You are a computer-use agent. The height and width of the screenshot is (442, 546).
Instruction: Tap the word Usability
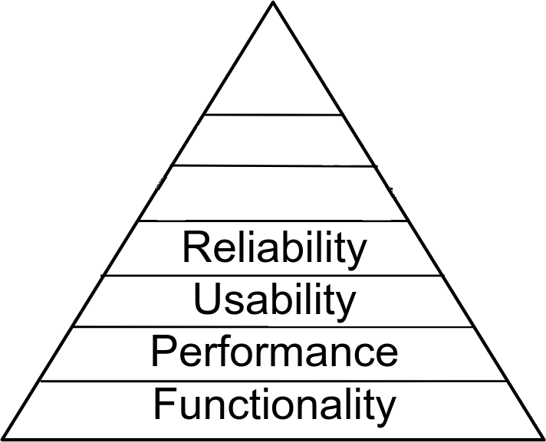274,300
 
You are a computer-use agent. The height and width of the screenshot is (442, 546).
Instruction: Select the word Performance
274,352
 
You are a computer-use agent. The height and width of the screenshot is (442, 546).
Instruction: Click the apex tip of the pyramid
274,3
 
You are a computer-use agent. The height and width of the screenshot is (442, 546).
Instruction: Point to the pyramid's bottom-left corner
3,438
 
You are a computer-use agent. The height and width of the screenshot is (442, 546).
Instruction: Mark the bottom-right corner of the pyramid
542,438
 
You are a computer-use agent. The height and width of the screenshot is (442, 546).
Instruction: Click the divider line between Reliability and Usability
274,275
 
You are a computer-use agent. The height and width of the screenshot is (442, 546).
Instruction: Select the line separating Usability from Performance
274,326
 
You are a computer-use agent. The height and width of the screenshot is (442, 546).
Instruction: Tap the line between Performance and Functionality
274,380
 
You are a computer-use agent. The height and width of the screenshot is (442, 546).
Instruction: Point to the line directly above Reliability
274,221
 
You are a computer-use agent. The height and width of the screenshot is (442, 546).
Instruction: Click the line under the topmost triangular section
274,116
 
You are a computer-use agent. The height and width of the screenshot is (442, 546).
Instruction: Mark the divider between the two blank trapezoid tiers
274,165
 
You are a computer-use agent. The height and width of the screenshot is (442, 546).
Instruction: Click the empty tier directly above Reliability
274,193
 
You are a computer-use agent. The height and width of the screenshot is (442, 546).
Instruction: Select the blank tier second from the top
274,140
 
